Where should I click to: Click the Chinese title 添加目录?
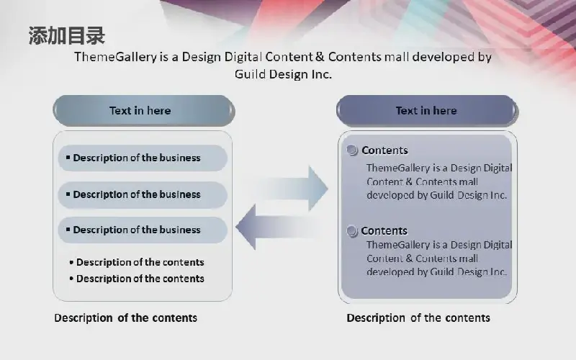click(x=67, y=35)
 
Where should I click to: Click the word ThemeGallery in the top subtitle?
click(x=116, y=58)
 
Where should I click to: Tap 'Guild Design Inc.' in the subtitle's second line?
click(x=283, y=75)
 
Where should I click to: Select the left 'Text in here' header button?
click(x=143, y=111)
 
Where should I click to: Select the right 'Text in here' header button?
click(x=427, y=111)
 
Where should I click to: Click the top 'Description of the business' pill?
click(x=143, y=158)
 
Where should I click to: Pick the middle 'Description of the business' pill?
click(x=143, y=194)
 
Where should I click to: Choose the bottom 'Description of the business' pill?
click(x=143, y=230)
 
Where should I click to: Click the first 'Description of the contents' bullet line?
click(x=137, y=262)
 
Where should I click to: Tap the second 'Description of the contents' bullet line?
click(x=137, y=279)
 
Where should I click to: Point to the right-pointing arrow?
click(x=294, y=189)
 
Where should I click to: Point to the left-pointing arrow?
click(x=275, y=228)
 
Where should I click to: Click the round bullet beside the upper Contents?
click(x=352, y=150)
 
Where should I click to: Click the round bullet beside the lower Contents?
click(x=352, y=231)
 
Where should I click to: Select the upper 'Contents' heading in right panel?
click(x=384, y=150)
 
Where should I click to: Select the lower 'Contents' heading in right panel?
click(x=384, y=230)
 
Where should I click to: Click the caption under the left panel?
click(x=125, y=318)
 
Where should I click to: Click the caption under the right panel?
click(x=418, y=318)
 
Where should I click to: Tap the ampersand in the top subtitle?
click(x=320, y=57)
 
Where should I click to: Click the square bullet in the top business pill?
click(x=68, y=157)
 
